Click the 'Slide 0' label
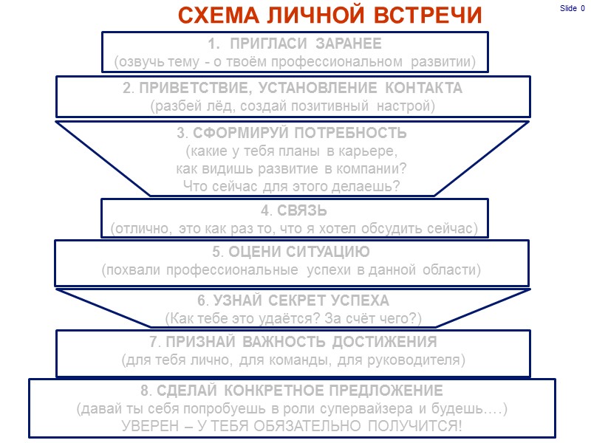pyautogui.click(x=571, y=8)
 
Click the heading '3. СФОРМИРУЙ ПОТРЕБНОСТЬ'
pyautogui.click(x=292, y=134)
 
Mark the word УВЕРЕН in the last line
pyautogui.click(x=153, y=425)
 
